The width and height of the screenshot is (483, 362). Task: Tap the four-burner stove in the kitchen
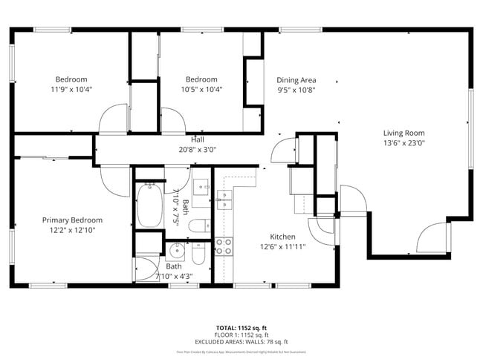(223, 246)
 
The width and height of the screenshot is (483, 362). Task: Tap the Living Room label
(403, 133)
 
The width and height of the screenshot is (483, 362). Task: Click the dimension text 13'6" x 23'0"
(403, 143)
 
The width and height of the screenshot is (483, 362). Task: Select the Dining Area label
(296, 80)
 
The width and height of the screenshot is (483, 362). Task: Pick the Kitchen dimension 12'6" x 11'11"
(282, 247)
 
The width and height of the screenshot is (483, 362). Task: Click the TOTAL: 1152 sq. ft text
(241, 327)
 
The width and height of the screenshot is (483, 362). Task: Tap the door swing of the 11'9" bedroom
(114, 119)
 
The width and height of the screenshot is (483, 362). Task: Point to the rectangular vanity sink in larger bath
(201, 186)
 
